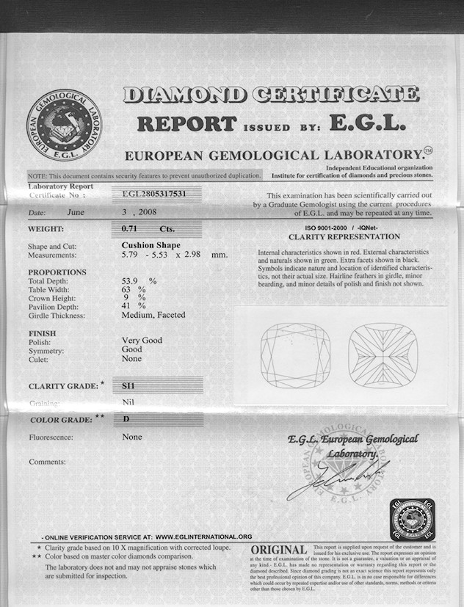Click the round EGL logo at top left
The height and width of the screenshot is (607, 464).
[x=64, y=125]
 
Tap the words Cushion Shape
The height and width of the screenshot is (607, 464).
[x=151, y=245]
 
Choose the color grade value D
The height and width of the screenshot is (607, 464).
[x=126, y=420]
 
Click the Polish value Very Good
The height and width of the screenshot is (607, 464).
[x=142, y=341]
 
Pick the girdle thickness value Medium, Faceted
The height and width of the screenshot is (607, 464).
[x=153, y=315]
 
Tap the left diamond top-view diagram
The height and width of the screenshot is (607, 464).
[x=295, y=355]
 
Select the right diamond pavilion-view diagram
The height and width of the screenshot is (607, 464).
[x=383, y=355]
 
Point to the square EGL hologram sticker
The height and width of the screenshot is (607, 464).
[x=412, y=520]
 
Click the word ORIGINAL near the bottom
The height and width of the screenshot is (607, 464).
[x=278, y=550]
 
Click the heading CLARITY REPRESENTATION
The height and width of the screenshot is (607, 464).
[x=344, y=237]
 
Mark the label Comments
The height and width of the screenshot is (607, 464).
[x=47, y=462]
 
